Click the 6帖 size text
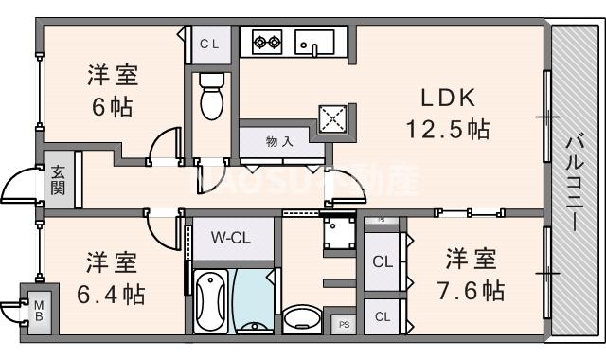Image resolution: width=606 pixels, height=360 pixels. point(112,106)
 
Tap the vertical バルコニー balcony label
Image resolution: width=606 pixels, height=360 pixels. point(574,181)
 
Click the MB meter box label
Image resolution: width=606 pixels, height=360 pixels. point(40,312)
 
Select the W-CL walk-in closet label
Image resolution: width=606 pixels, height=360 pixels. point(230,238)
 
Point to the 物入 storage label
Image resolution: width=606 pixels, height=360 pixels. point(279,142)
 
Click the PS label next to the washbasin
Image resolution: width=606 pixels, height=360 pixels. point(343,322)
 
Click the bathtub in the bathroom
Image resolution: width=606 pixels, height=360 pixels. point(211,300)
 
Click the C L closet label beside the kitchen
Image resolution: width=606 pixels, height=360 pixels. point(210,44)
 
